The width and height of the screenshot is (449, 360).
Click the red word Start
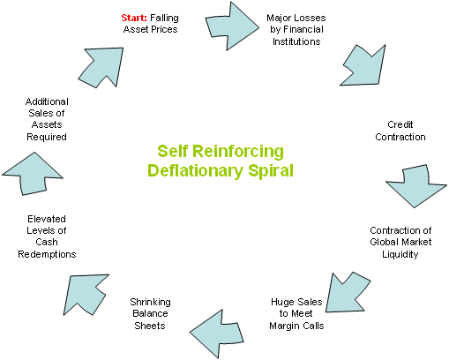(134, 18)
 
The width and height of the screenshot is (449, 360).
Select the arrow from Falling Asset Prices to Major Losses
(232, 26)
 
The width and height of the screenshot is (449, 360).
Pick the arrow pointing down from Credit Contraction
(415, 186)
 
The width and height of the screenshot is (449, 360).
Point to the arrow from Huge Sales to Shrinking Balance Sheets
(217, 334)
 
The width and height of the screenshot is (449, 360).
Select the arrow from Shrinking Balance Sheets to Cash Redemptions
(86, 294)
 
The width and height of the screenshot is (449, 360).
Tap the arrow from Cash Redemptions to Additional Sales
(33, 175)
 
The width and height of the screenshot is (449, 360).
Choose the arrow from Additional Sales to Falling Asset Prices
(102, 66)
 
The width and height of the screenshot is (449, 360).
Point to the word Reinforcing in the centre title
(238, 151)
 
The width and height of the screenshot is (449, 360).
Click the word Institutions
(296, 41)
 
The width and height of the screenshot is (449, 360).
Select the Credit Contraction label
(400, 131)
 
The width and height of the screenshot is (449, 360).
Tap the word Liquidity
(400, 254)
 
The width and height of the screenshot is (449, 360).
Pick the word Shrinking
(150, 302)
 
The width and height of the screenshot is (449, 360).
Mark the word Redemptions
(47, 254)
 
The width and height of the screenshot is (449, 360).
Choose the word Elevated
(47, 219)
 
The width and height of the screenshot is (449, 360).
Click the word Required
(47, 137)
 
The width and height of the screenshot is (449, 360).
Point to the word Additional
(47, 101)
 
